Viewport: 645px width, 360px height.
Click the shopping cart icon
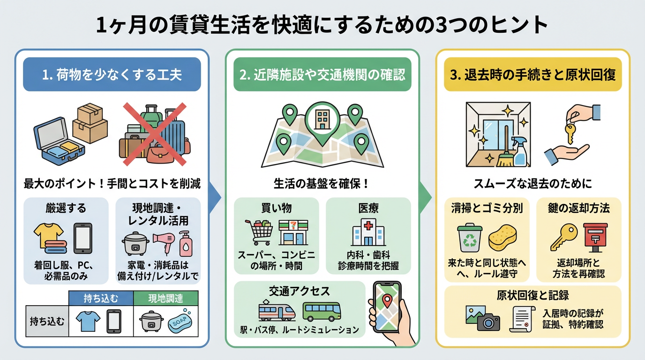point(258,232)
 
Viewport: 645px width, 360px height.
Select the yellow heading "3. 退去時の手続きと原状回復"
point(532,75)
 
